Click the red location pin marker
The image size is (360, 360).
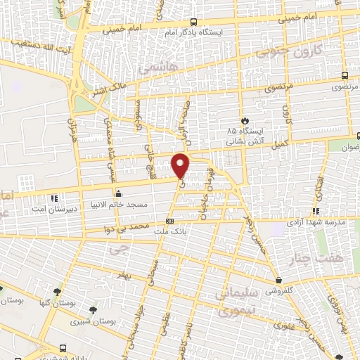pyautogui.click(x=181, y=165)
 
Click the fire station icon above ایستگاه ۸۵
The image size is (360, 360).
pyautogui.click(x=245, y=120)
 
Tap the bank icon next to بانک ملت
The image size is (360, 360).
pyautogui.click(x=169, y=222)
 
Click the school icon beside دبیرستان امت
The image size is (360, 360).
pyautogui.click(x=56, y=198)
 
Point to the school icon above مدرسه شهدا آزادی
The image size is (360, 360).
pyautogui.click(x=316, y=210)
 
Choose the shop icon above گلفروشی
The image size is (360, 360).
pyautogui.click(x=279, y=280)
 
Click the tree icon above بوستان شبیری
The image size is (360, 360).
pyautogui.click(x=92, y=309)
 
